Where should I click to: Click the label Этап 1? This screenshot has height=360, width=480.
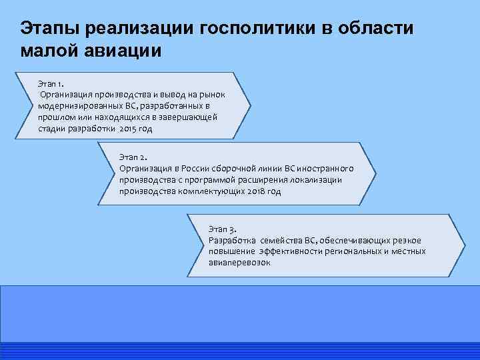coord(51,83)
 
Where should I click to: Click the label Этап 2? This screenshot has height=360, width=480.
coord(133,157)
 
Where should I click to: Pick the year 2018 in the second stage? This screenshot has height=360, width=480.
coord(251,191)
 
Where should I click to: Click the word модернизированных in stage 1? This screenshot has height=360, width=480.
coord(79,106)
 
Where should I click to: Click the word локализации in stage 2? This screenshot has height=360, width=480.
coord(317,179)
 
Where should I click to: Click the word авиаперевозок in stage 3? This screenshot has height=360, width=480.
coord(239,263)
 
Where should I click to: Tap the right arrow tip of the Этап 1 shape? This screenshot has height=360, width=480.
coord(251,105)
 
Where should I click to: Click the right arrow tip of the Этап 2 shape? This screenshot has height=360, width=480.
coord(376,175)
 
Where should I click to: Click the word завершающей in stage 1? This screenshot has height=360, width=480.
coord(188,117)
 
